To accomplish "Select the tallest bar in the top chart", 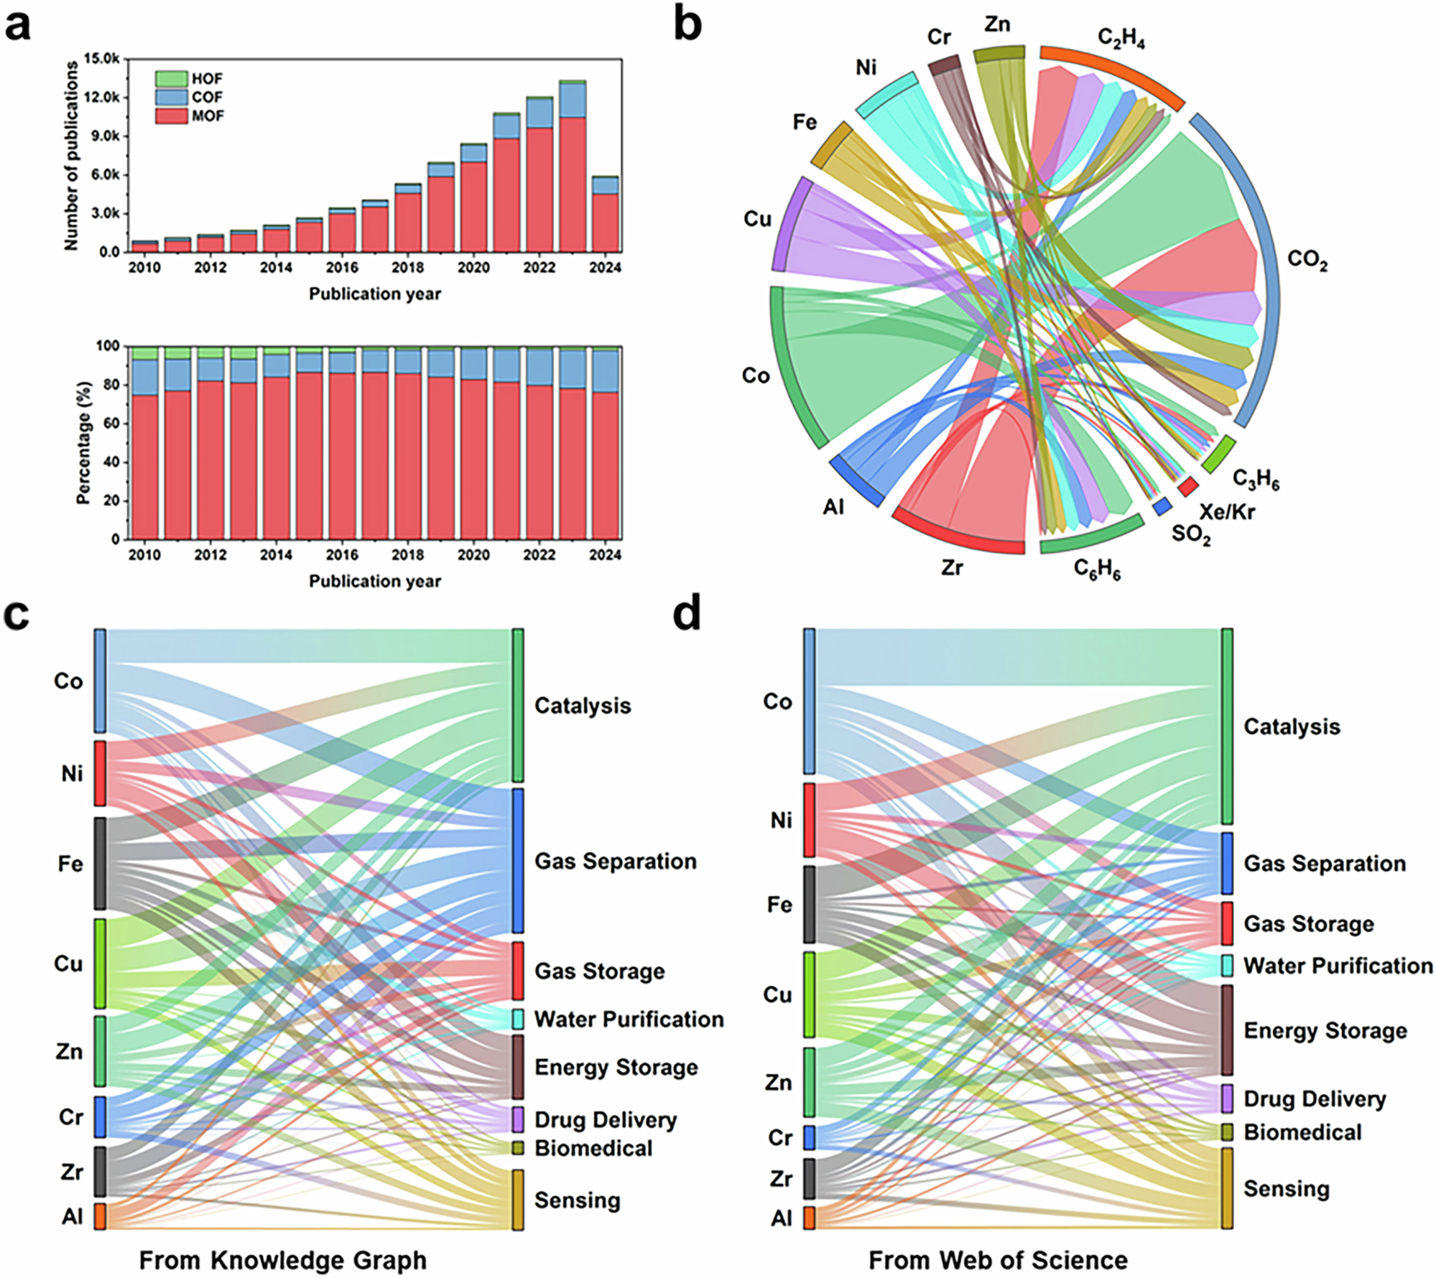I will [x=573, y=172].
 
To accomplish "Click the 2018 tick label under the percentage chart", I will [x=407, y=555].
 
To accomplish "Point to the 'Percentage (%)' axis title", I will [x=84, y=443].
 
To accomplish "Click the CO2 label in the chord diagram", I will [x=1307, y=260].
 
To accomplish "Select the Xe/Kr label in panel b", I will [x=1227, y=511].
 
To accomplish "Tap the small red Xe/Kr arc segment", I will [x=1187, y=487].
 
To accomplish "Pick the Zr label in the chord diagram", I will [x=952, y=568].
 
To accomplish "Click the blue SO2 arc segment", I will [x=1162, y=506].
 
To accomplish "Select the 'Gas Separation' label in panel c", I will [x=615, y=861].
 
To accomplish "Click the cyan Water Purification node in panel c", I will [x=518, y=1019].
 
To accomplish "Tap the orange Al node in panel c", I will [x=100, y=1216].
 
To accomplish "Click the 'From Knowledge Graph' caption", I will [x=282, y=1260].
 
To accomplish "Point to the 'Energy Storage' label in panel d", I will [x=1325, y=1030].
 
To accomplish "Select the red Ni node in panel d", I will [x=809, y=820].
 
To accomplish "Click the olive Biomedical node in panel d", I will [x=1227, y=1132].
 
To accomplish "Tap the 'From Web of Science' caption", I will [x=998, y=1260].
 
